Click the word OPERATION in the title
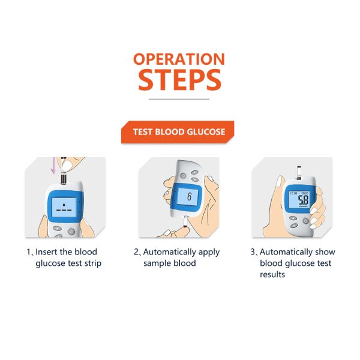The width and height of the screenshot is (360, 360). click(179, 59)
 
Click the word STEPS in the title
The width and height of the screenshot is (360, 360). click(179, 80)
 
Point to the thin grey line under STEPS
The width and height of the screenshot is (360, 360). click(179, 98)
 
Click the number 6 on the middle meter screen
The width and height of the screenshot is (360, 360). click(189, 197)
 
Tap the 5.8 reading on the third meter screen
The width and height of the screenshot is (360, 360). click(304, 200)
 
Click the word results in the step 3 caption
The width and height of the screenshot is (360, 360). click(272, 275)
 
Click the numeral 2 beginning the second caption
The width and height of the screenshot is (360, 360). click(136, 252)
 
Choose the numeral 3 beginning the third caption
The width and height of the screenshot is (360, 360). click(253, 252)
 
